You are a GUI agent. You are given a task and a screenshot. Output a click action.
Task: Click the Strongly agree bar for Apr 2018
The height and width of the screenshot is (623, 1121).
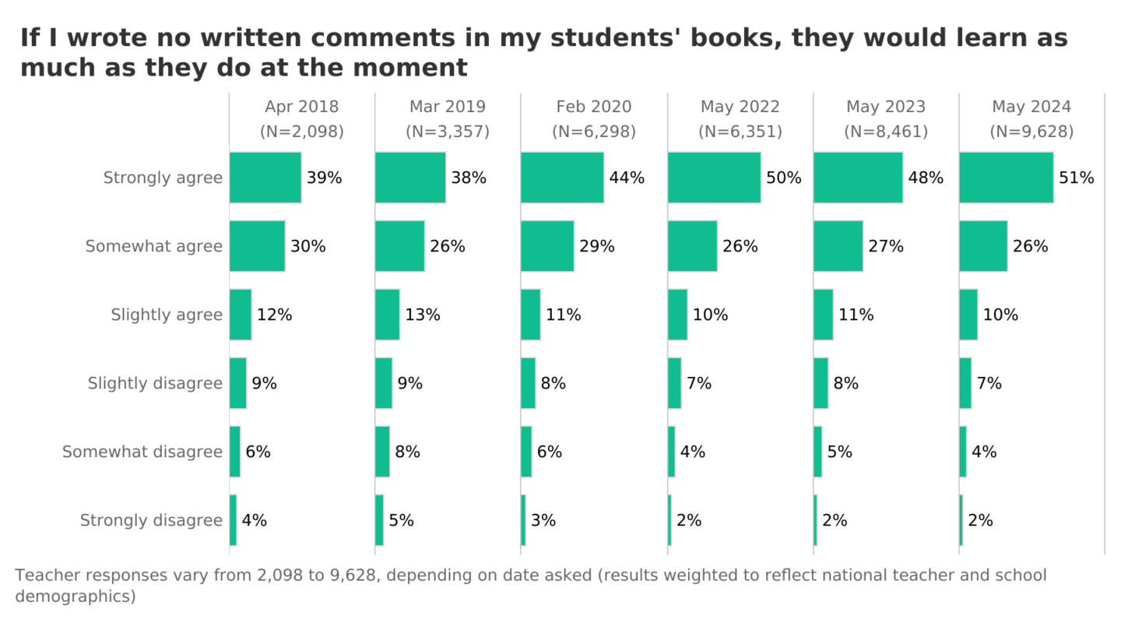click(265, 178)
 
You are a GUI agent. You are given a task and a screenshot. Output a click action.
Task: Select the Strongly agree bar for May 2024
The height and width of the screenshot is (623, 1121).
click(1006, 178)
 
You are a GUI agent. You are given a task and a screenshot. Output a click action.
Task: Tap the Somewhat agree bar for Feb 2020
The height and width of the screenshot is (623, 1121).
click(547, 246)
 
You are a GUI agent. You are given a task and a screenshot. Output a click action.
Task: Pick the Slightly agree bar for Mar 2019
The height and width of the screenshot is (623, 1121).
click(387, 315)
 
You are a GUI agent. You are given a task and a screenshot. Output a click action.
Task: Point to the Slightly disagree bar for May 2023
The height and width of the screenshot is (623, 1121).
click(821, 383)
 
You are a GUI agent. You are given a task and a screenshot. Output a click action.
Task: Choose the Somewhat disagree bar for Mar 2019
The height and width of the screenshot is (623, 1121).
click(382, 452)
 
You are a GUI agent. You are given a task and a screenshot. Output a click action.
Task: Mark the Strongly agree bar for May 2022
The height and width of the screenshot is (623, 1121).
click(714, 178)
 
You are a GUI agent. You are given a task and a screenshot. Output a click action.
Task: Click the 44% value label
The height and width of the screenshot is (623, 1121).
click(627, 178)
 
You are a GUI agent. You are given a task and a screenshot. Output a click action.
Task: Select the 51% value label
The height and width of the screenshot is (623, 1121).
click(1076, 178)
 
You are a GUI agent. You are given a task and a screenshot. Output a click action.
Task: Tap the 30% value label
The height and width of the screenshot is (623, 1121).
click(307, 246)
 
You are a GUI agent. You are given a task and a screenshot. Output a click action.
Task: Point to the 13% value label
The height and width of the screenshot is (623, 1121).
click(422, 315)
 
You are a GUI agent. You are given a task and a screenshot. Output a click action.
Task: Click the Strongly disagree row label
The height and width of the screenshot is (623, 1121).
click(151, 520)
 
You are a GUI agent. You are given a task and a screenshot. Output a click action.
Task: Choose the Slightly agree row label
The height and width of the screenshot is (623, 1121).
click(167, 315)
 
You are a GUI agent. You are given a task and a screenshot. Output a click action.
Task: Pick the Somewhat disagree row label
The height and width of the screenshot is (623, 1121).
click(142, 452)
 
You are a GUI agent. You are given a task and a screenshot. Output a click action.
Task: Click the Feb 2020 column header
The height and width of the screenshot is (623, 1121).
click(594, 107)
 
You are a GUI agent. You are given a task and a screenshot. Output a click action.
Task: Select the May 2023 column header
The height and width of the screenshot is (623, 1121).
click(886, 107)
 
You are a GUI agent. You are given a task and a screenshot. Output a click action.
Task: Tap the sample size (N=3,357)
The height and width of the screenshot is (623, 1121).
click(448, 132)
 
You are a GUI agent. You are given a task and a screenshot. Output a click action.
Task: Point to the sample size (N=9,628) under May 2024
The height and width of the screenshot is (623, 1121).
click(1031, 132)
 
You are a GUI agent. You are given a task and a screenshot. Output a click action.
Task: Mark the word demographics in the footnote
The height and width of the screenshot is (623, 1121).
click(76, 597)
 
